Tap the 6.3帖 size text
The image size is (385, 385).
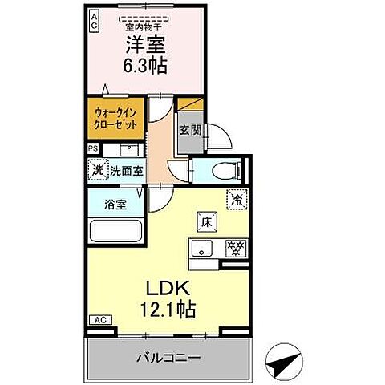click(145, 67)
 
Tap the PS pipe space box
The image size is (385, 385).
click(93, 148)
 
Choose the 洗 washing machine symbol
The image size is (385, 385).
click(96, 170)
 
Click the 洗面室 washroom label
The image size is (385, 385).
click(126, 170)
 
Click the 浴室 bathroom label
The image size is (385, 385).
click(114, 204)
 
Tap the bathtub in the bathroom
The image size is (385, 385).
click(114, 231)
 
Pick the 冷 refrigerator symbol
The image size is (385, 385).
click(237, 198)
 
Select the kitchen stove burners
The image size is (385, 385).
click(236, 246)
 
